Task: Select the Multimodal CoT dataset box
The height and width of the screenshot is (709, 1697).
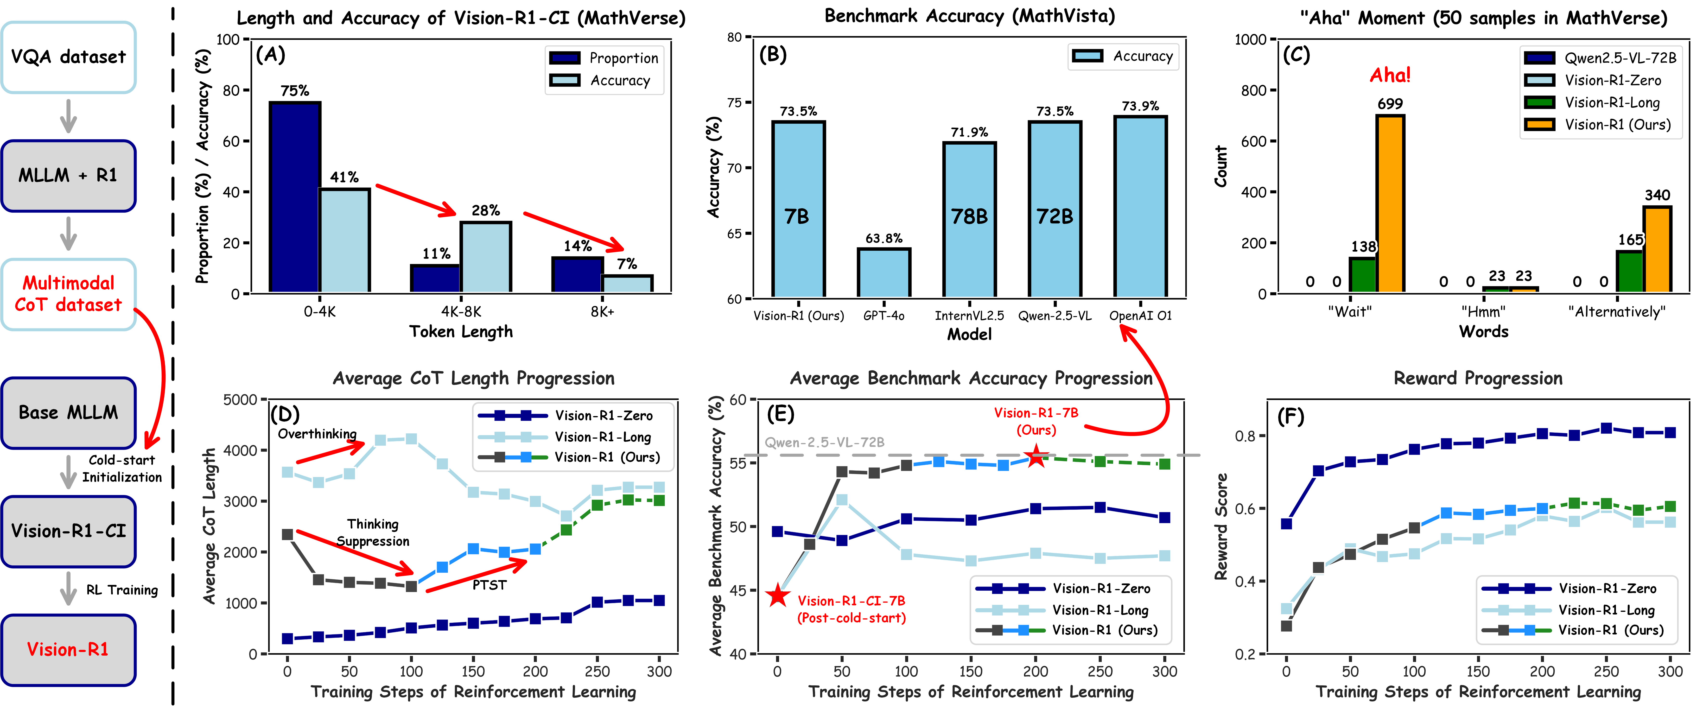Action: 69,294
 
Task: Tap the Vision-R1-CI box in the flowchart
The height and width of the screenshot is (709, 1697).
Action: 69,531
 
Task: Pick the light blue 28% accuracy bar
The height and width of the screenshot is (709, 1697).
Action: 485,257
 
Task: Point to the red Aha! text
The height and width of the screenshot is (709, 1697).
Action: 1390,75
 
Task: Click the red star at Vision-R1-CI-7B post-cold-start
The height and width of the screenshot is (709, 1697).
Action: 778,596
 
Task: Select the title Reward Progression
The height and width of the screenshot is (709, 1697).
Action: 1478,378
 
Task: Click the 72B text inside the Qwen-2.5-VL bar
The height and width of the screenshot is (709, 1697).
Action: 1055,216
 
